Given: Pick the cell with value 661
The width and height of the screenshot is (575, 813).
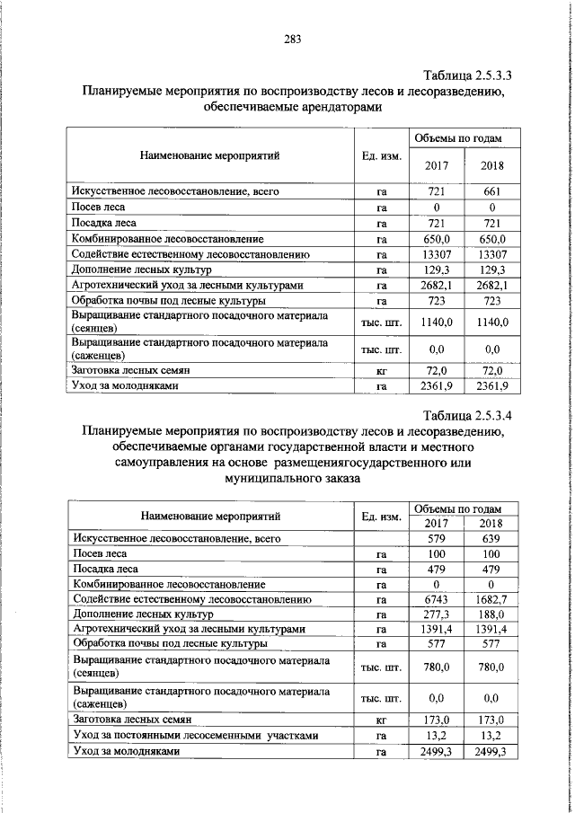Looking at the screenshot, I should (x=492, y=191).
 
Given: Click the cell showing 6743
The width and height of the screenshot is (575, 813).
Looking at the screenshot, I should (x=435, y=598).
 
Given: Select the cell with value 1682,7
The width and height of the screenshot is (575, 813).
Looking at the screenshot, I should (x=491, y=598).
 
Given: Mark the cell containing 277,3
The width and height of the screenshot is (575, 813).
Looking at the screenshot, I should (x=435, y=614).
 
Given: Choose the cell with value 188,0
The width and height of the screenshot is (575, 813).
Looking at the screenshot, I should (x=491, y=614).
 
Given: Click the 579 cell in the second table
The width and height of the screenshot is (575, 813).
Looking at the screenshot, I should (x=435, y=538).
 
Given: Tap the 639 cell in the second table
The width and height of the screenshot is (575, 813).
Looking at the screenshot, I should (x=491, y=538).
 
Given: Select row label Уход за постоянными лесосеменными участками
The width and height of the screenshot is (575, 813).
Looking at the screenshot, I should (x=195, y=736).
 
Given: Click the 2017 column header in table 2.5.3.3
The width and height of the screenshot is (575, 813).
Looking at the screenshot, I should (x=436, y=165).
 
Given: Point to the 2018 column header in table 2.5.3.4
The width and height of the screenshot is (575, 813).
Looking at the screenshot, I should (x=491, y=524).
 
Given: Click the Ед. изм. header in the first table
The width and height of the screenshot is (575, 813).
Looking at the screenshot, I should (x=381, y=156).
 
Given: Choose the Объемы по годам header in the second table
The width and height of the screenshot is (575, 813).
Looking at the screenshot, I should (x=464, y=508).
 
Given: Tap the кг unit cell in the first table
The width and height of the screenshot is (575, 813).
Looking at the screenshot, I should (x=381, y=370).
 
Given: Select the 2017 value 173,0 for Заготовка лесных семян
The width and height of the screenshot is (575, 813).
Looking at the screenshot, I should (x=435, y=720).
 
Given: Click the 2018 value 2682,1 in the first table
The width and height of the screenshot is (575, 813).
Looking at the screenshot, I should (x=492, y=285).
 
